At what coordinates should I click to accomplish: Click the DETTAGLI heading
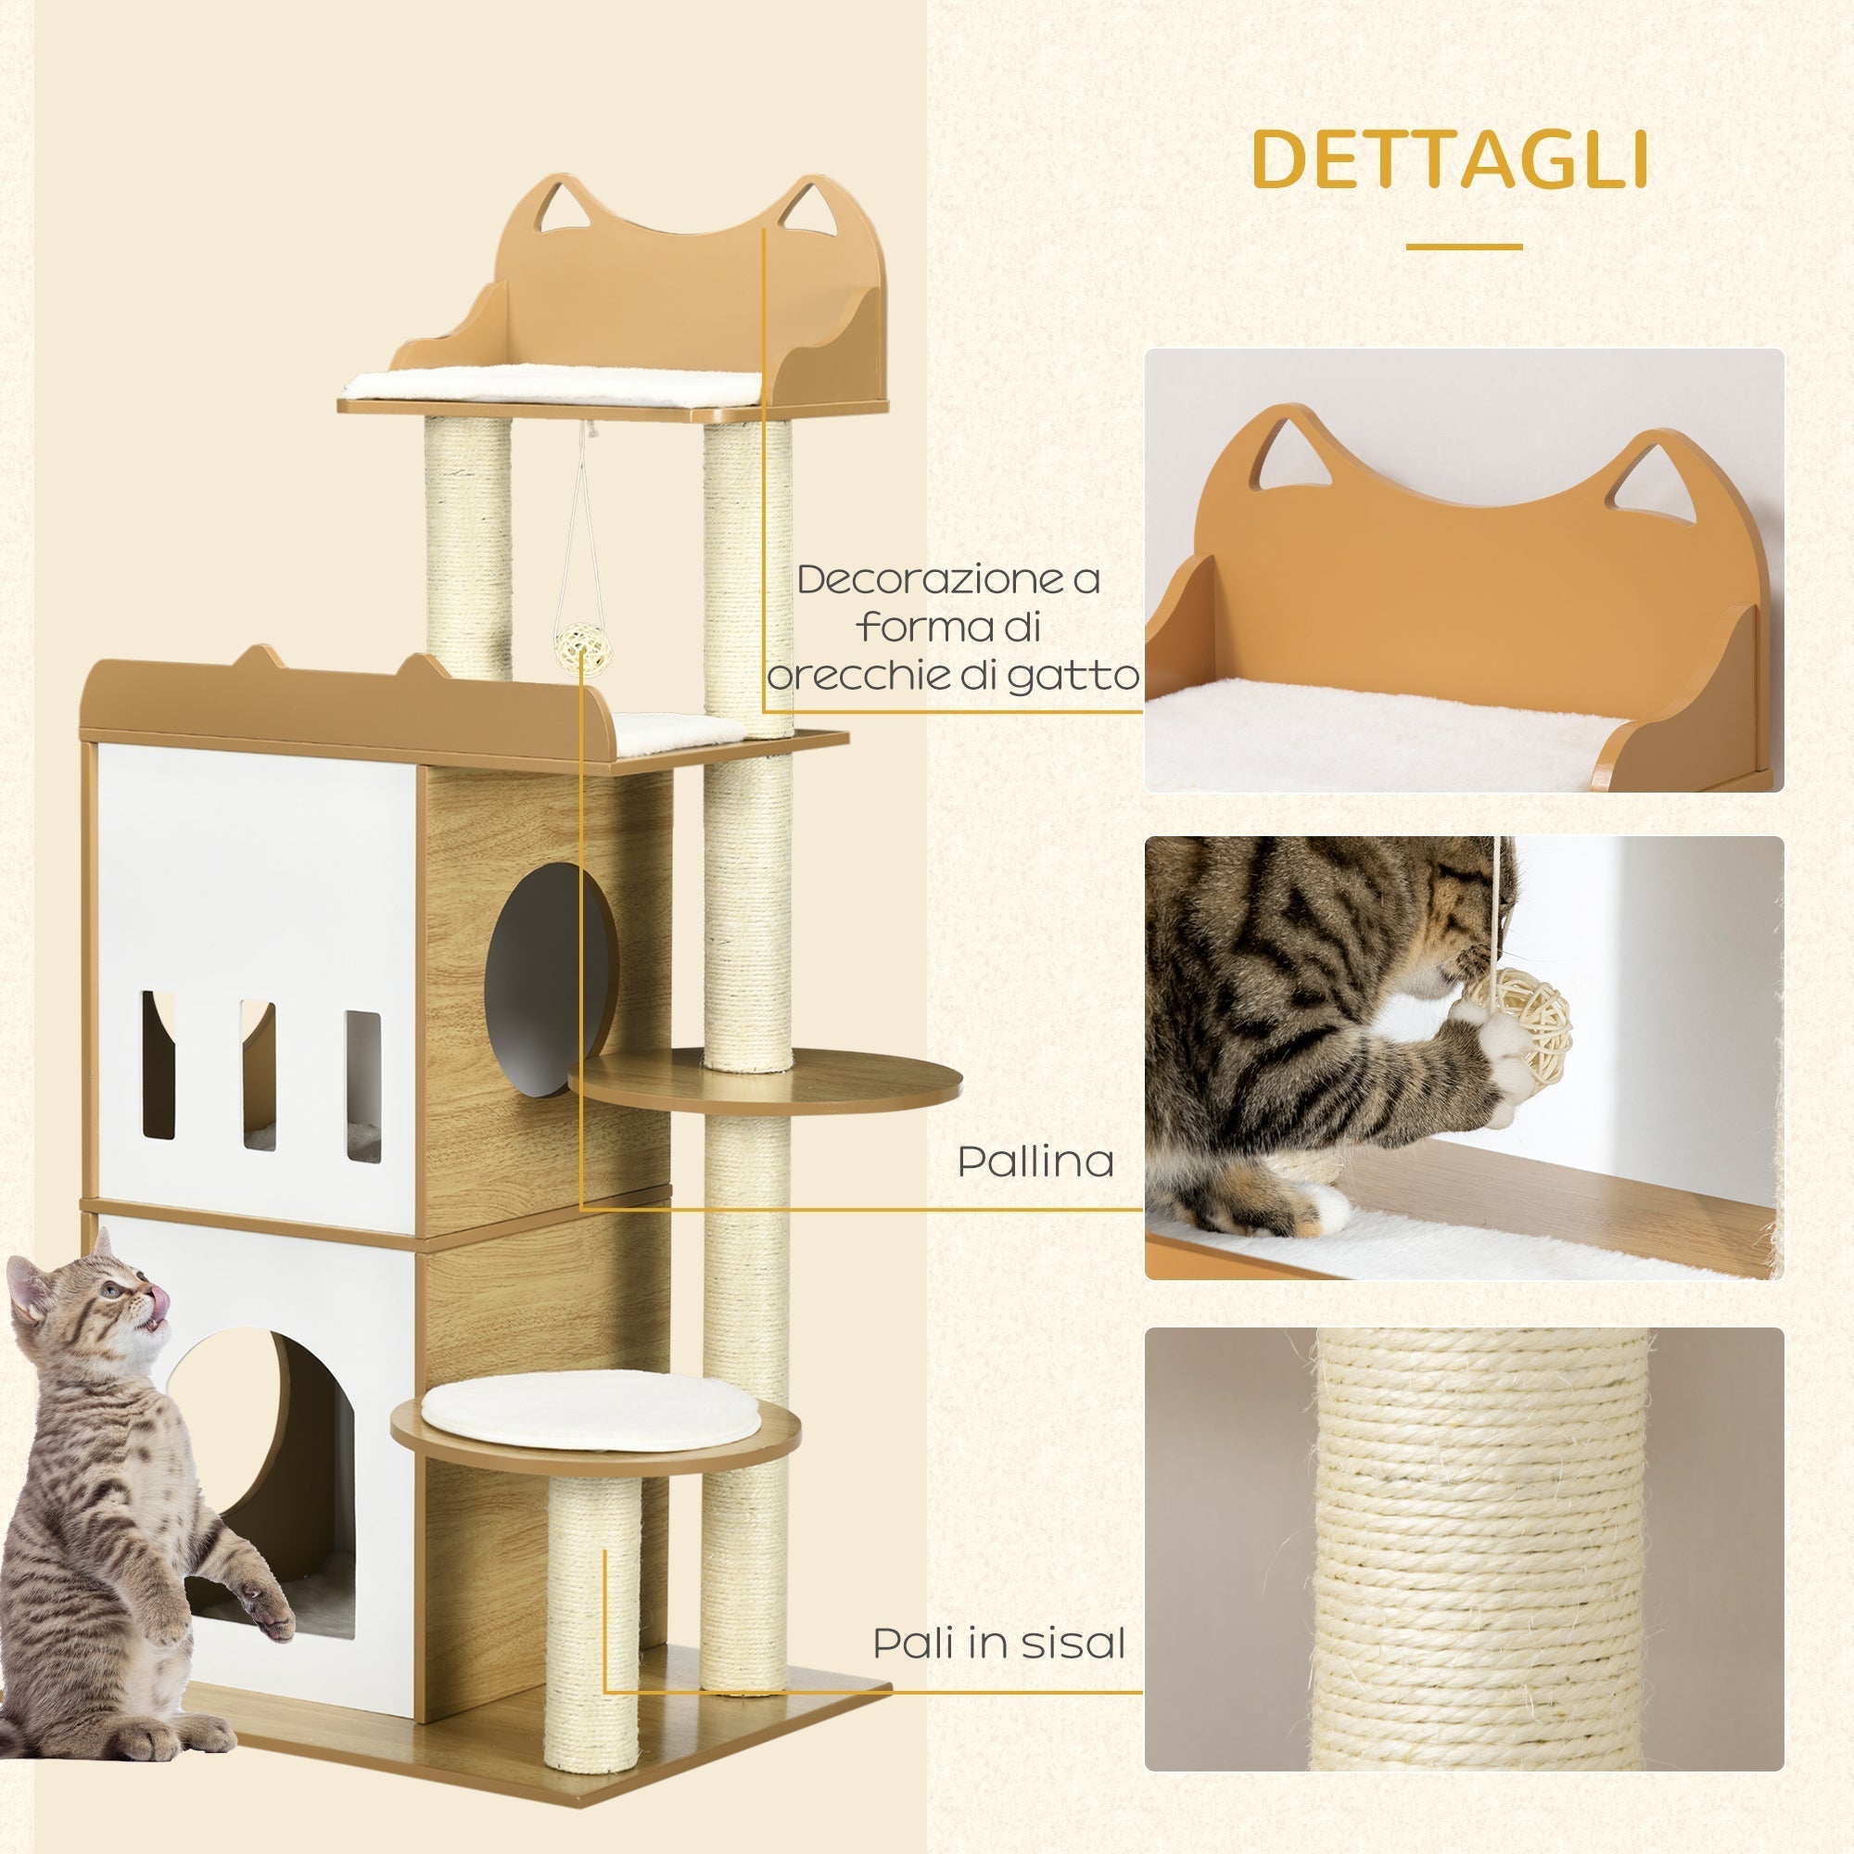click(x=1450, y=159)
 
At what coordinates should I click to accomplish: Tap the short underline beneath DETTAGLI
click(x=1464, y=247)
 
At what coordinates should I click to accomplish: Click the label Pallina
click(x=1035, y=1162)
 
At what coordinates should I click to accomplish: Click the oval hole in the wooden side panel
click(x=549, y=979)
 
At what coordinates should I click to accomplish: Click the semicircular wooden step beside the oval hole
click(x=768, y=1080)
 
